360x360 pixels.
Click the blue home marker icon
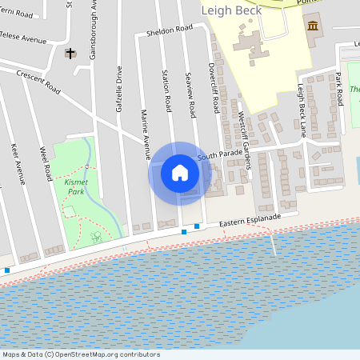point(180,173)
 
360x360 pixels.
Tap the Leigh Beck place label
point(232,10)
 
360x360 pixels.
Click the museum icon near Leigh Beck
point(310,26)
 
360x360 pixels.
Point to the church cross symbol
point(70,54)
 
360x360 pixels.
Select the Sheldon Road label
point(170,31)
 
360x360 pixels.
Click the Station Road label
point(168,92)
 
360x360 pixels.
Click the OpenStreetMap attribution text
point(80,354)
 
